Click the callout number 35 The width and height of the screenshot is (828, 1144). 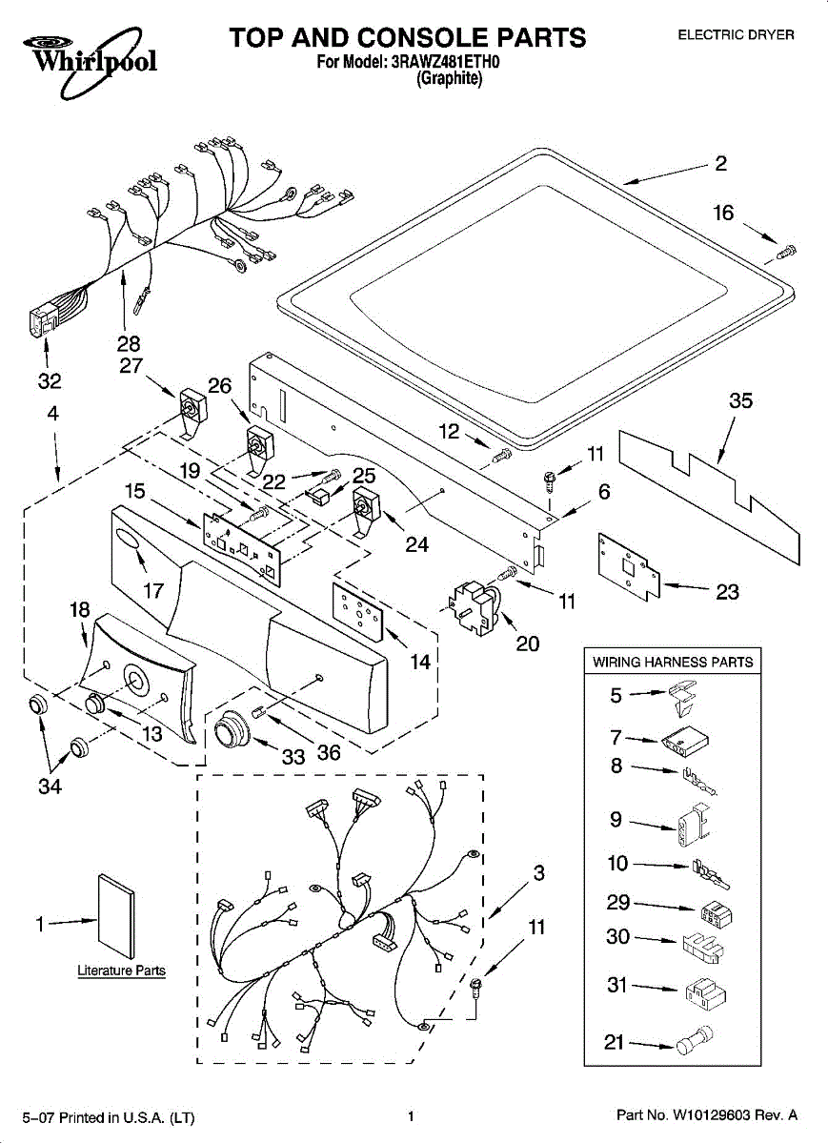tap(740, 401)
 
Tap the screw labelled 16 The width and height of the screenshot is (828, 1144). tap(787, 252)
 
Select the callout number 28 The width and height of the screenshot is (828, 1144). tap(129, 343)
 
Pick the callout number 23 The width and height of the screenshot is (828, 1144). tap(727, 592)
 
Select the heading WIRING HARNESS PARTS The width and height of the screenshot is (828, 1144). tap(673, 662)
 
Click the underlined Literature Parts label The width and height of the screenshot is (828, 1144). tap(121, 971)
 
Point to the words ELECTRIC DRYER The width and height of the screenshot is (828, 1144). tap(736, 35)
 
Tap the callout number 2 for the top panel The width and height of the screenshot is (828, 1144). tap(720, 163)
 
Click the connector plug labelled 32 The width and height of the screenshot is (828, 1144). tap(40, 321)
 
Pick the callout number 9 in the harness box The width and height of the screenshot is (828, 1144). tap(616, 819)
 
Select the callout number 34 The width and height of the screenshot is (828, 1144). tap(50, 786)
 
